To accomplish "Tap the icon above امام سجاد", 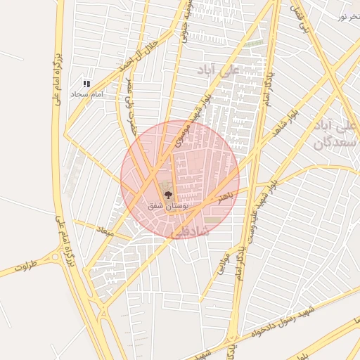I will tap(86, 84).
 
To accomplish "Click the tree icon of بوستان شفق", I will tap(168, 194).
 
